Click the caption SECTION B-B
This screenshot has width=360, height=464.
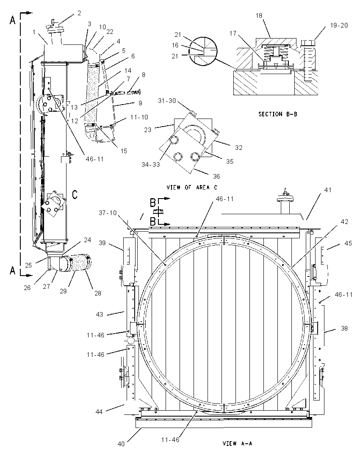277,114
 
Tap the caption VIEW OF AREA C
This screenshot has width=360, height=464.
192,187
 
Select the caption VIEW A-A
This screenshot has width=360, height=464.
238,443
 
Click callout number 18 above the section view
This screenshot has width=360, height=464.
259,15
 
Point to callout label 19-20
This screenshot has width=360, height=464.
339,25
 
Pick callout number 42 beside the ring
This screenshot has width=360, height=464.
344,222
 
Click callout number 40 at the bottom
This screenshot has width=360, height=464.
122,444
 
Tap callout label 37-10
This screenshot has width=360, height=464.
108,213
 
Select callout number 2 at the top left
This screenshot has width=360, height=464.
79,13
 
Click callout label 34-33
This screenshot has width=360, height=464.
151,165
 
